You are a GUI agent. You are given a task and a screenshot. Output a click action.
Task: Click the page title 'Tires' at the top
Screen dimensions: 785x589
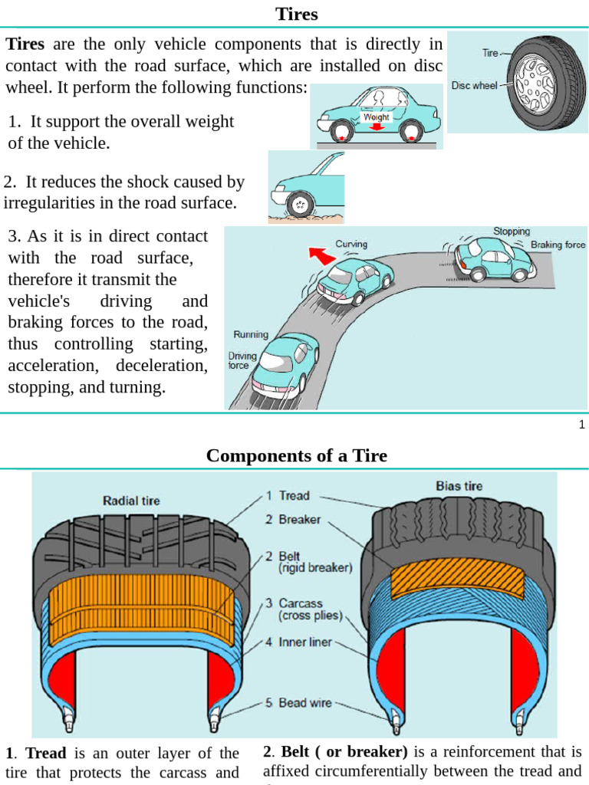coord(296,15)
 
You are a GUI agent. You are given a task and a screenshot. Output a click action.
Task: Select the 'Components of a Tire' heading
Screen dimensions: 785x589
coord(296,456)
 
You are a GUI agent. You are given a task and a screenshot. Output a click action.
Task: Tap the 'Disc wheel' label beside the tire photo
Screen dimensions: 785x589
coord(475,86)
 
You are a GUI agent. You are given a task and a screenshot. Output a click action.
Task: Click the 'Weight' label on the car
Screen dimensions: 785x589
coord(376,117)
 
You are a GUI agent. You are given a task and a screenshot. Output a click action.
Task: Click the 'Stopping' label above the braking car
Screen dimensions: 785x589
coord(512,231)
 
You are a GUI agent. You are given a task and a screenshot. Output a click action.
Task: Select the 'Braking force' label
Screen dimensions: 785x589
coord(558,245)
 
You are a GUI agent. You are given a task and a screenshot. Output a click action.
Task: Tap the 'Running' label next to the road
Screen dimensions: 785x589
coord(250,334)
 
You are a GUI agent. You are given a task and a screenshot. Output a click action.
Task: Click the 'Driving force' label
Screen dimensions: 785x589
coord(243,361)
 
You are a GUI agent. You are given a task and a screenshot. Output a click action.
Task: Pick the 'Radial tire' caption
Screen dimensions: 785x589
coord(131,501)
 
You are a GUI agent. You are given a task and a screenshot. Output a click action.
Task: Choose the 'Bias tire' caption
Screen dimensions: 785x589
coord(459,486)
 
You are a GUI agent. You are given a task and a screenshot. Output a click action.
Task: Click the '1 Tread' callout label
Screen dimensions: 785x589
coord(288,496)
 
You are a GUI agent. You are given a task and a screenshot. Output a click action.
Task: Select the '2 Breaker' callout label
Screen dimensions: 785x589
coord(293,519)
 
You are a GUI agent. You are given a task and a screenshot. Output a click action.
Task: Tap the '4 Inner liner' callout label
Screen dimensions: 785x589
coord(298,642)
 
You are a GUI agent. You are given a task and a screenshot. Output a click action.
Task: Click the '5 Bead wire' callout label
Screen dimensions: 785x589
coord(298,702)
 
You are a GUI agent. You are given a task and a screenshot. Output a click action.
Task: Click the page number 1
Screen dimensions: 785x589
coord(581,425)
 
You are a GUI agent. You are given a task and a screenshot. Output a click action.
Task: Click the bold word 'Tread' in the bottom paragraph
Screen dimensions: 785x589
coord(46,753)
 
